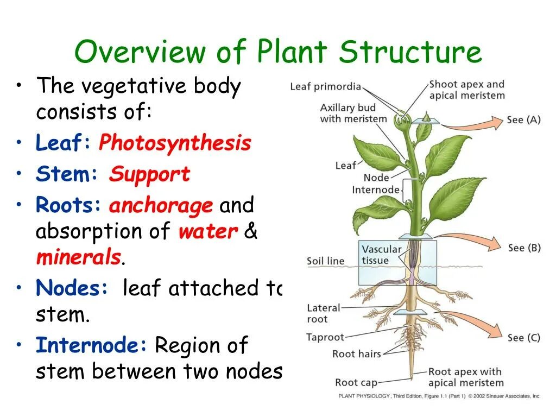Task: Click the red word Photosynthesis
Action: point(175,143)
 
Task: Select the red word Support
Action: point(149,174)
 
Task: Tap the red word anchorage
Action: point(161,206)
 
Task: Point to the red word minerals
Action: point(78,257)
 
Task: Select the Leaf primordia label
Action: point(325,87)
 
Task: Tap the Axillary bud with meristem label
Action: point(353,113)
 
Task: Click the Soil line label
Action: point(326,261)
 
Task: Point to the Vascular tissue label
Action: point(382,255)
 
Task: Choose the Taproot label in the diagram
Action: point(325,337)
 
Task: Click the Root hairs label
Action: point(356,354)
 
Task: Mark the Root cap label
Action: point(356,383)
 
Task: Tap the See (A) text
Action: point(523,120)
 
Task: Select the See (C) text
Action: point(523,338)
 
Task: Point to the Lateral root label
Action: point(324,313)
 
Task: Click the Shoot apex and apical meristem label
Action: point(466,90)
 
